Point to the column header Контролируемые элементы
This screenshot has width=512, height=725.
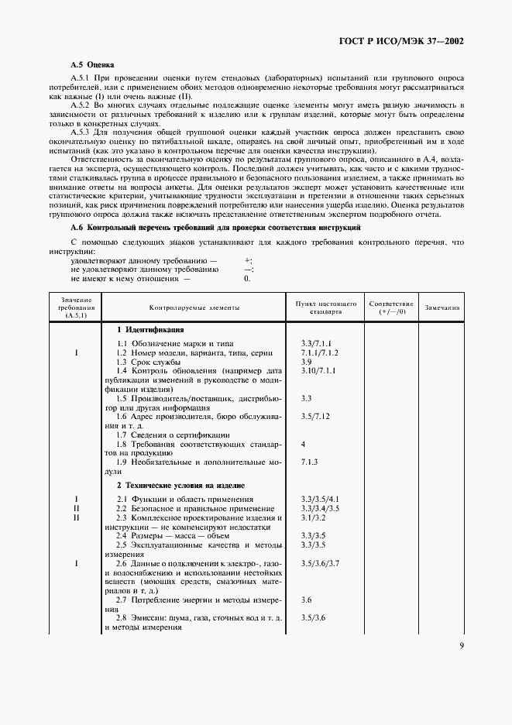tap(194, 308)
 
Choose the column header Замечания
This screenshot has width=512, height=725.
tap(442, 308)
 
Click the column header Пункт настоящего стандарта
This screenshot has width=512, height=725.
tap(325, 308)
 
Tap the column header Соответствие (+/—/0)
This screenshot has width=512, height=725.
tap(391, 308)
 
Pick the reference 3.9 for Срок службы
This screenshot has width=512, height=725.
tap(306, 362)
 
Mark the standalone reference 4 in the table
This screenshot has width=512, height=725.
tap(303, 445)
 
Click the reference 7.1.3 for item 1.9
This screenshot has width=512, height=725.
tap(309, 461)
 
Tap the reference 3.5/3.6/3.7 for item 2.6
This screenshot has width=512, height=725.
tap(319, 564)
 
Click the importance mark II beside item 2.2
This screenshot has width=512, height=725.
tap(76, 508)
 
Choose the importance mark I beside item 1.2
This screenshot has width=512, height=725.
tap(76, 353)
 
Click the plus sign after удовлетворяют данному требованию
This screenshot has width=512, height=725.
tap(248, 261)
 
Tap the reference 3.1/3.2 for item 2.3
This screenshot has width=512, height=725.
tap(312, 517)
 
